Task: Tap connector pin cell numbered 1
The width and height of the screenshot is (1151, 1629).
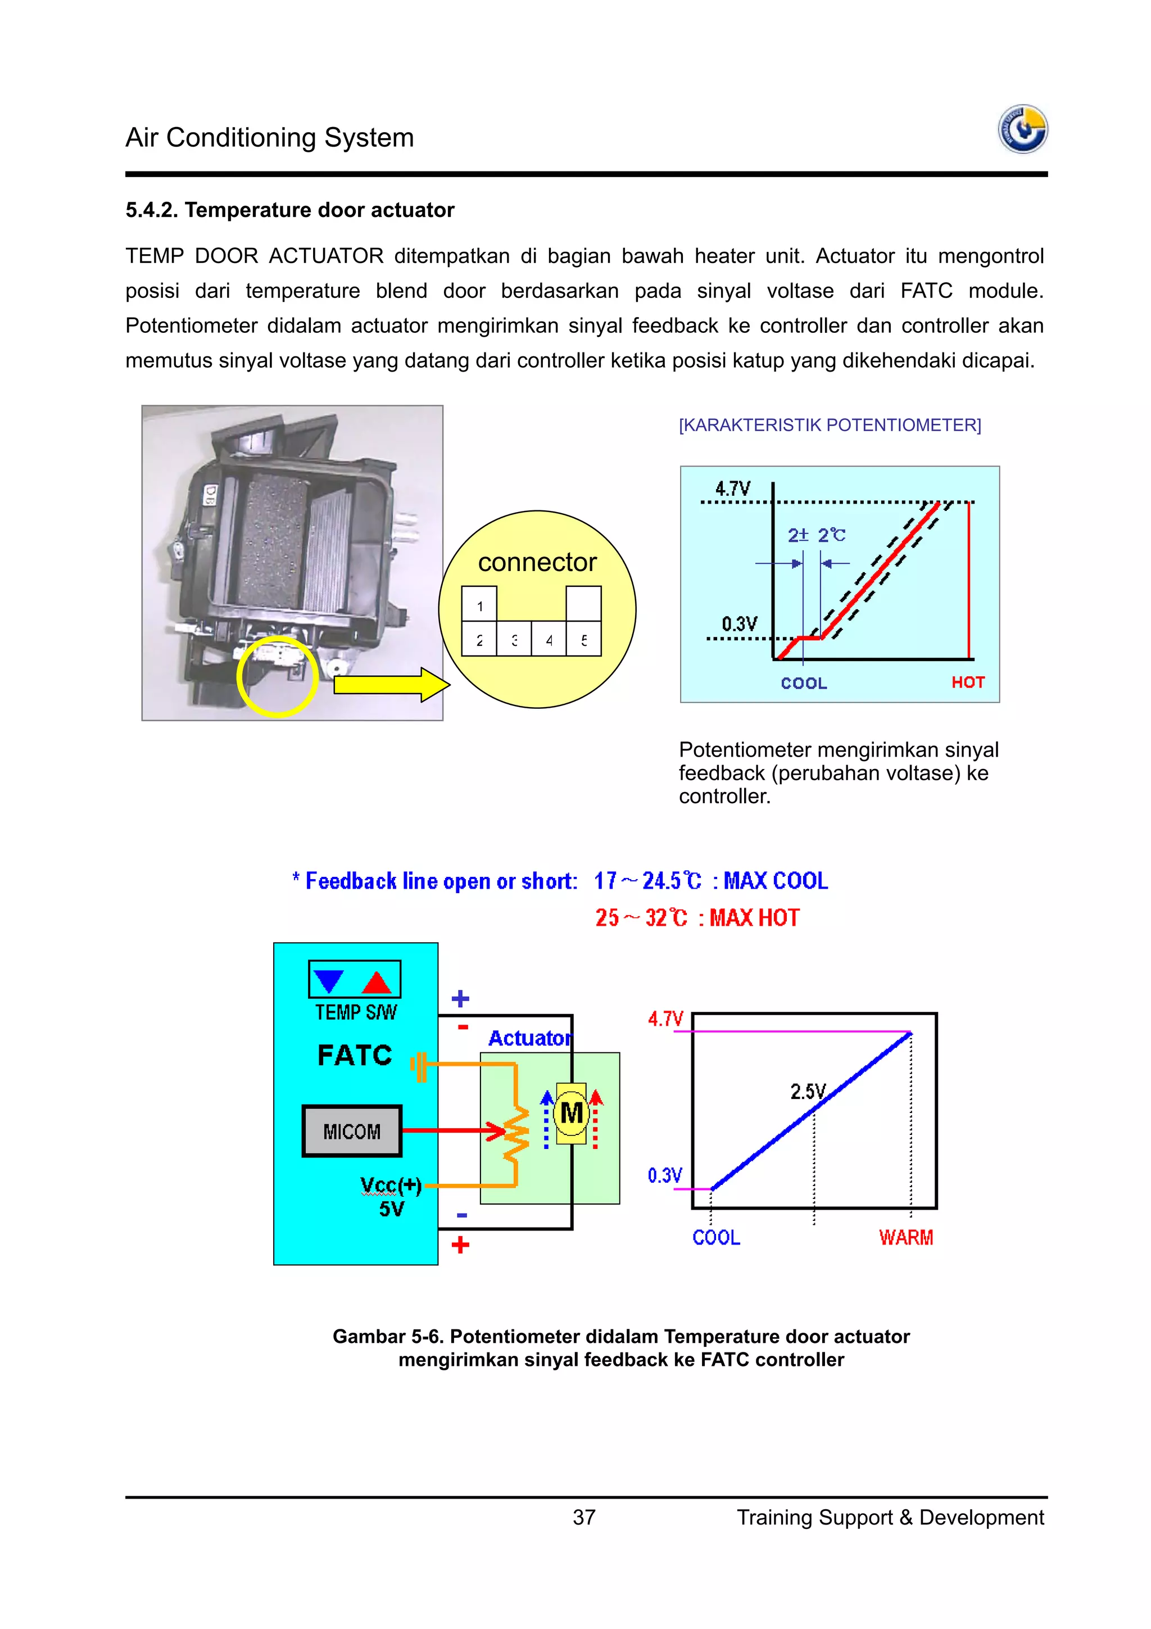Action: coord(479,605)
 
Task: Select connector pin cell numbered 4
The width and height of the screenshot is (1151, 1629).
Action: coord(549,640)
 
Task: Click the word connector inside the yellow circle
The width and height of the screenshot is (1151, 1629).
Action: coord(537,562)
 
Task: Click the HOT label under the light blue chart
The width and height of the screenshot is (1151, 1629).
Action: coord(967,682)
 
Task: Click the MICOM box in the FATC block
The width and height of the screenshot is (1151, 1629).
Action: coord(352,1131)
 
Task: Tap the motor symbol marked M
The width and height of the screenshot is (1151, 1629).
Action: coord(572,1112)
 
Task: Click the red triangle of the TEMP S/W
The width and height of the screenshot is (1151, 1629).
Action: coord(377,983)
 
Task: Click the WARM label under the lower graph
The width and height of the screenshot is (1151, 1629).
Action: coord(905,1237)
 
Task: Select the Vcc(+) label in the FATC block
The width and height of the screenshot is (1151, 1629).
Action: coord(391,1185)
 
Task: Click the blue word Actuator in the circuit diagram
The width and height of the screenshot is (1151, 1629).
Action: coord(529,1038)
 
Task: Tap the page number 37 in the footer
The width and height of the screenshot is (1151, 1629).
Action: coord(584,1517)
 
